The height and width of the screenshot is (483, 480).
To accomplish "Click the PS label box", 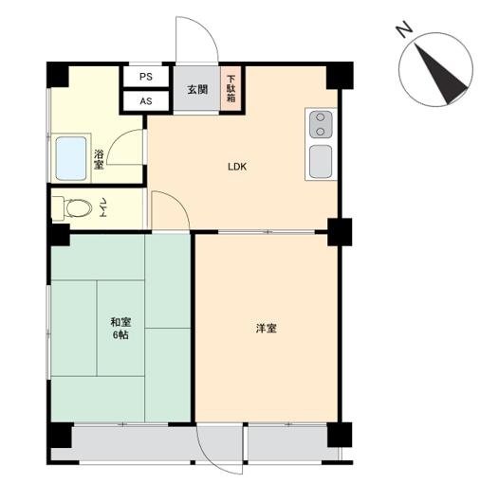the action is (146, 77).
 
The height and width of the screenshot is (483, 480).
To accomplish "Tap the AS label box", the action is (146, 101).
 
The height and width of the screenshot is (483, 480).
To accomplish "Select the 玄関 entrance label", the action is (197, 90).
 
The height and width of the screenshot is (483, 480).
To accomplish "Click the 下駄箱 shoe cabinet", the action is (231, 89).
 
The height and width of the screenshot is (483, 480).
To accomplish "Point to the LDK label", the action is (237, 167).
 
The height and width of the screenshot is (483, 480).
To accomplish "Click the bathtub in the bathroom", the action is (71, 158).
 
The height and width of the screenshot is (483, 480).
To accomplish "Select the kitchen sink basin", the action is (321, 161).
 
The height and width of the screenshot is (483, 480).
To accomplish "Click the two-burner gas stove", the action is (321, 124).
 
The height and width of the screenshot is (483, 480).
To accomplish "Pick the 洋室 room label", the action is (267, 329).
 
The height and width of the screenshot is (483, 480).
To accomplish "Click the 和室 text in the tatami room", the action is (120, 322).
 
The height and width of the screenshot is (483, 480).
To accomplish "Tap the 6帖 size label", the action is (120, 335).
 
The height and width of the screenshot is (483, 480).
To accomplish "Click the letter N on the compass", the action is (404, 30).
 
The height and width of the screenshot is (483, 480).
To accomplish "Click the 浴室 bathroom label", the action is (99, 159).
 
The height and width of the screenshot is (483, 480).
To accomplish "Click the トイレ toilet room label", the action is (102, 208).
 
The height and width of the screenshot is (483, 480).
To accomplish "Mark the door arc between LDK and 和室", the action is (178, 202).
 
